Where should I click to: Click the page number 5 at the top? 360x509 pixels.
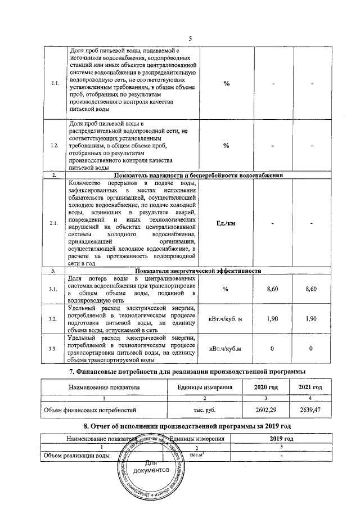[x=190, y=38]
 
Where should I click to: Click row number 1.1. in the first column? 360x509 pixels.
[x=56, y=84]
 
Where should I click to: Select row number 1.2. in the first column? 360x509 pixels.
[x=55, y=146]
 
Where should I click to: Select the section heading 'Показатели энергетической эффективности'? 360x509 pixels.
[x=194, y=271]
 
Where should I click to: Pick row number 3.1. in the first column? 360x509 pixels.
[x=55, y=289]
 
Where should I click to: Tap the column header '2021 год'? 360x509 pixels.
[x=309, y=388]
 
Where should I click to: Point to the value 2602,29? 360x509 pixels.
[x=266, y=410]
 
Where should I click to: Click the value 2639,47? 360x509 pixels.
[x=309, y=410]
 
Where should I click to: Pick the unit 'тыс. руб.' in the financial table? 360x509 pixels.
[x=201, y=410]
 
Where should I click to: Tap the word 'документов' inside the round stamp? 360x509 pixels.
[x=151, y=469]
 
